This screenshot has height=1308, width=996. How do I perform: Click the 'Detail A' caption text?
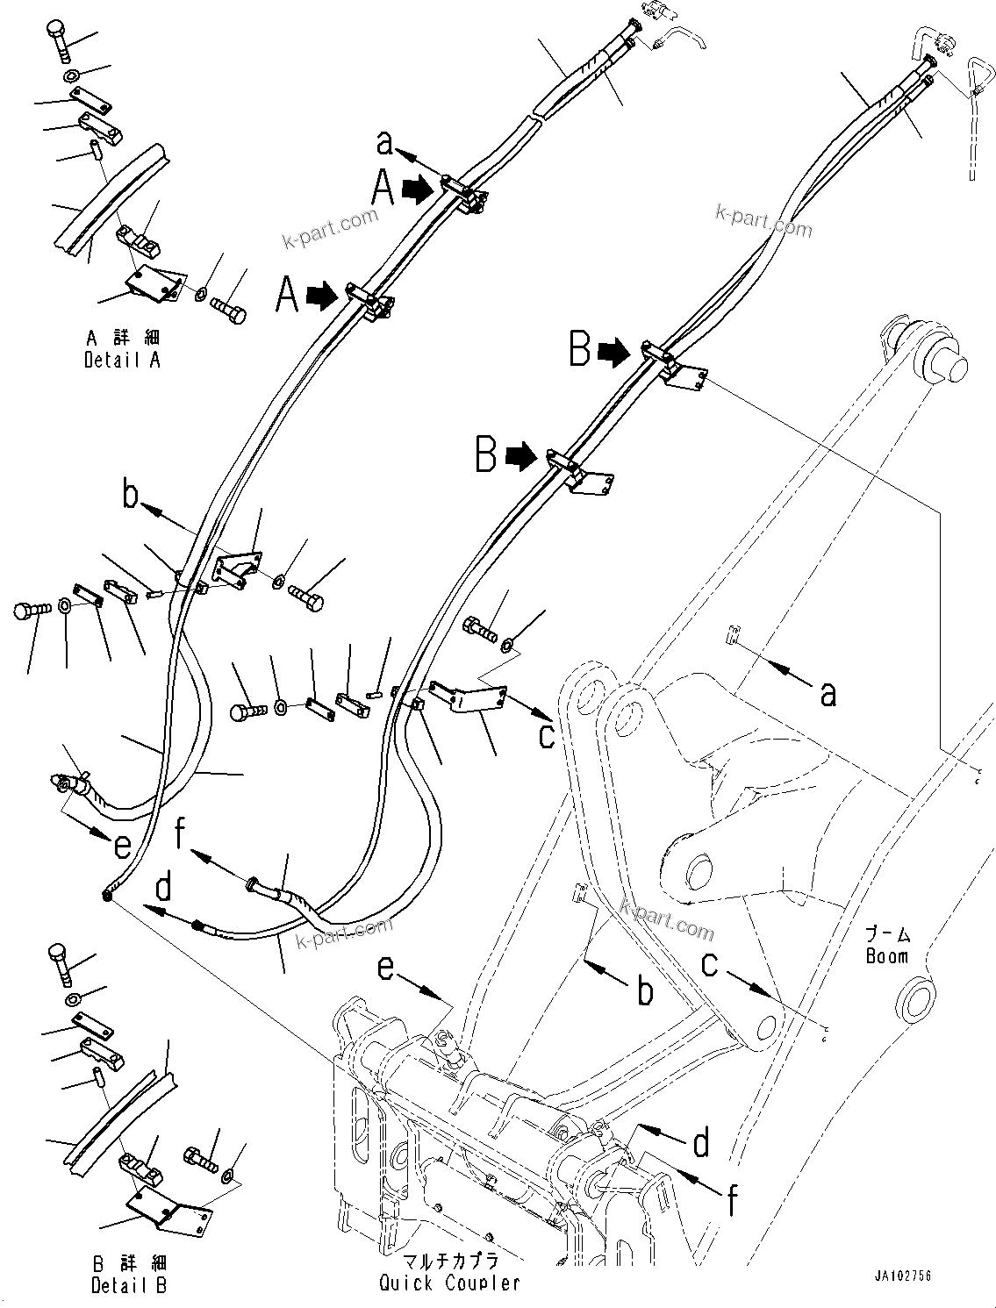pos(122,359)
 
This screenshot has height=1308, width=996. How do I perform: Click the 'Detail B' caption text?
pos(128,1286)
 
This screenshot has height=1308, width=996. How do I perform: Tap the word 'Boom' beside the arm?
pos(886,956)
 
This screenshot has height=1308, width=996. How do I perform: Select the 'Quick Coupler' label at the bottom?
pos(449,1283)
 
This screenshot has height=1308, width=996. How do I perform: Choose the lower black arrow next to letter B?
pos(520,455)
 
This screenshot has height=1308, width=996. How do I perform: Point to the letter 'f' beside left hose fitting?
pos(183,834)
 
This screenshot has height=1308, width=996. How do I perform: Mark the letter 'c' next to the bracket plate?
pos(547,735)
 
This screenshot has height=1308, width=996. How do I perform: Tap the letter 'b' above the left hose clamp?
pos(130,497)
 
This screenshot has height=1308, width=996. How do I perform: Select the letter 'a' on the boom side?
pos(827,694)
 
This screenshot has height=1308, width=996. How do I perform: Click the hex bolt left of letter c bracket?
pos(478,627)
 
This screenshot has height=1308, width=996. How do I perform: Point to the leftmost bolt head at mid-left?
pos(24,611)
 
